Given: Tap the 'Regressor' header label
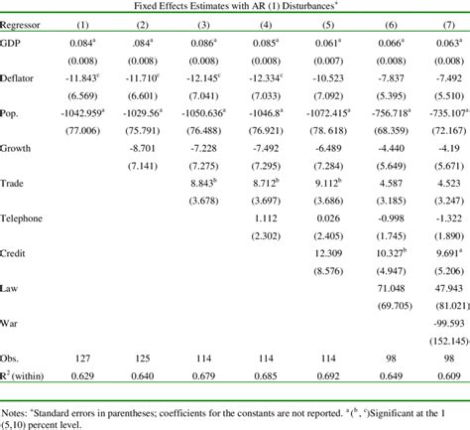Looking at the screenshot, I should pyautogui.click(x=23, y=24).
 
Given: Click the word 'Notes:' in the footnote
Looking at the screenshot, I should pyautogui.click(x=17, y=407).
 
